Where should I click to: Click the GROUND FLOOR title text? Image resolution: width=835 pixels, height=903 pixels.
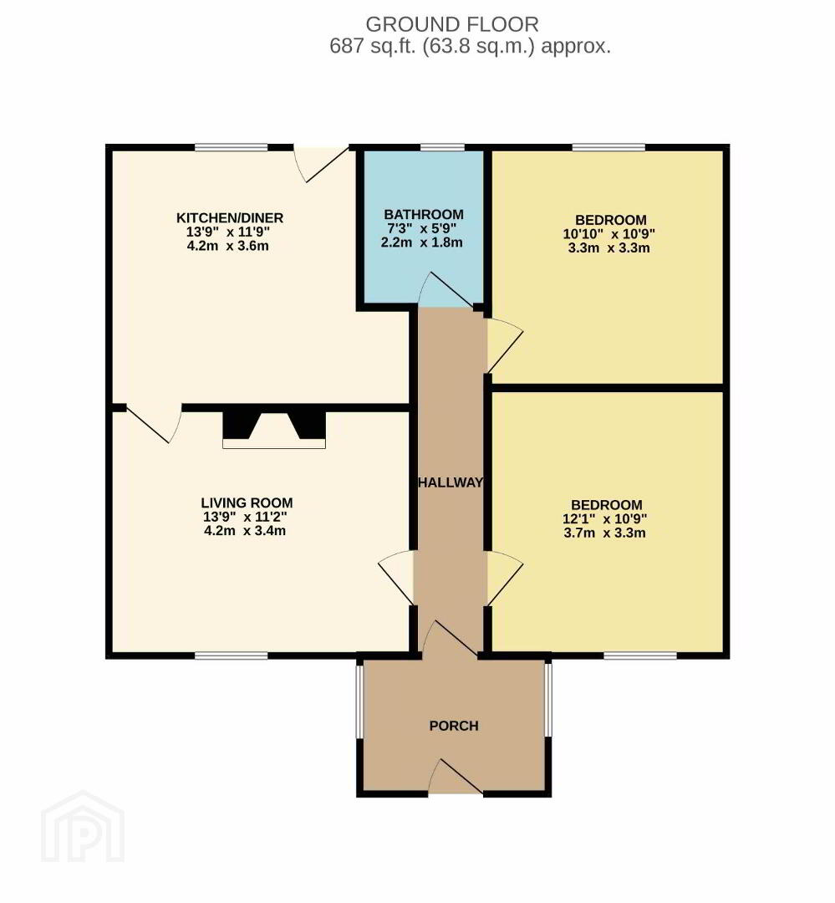[x=452, y=24]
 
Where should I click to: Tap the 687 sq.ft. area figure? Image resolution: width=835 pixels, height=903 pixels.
[x=373, y=45]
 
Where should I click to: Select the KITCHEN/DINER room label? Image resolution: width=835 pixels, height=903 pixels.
[x=229, y=218]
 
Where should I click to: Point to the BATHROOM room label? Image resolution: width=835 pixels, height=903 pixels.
[x=423, y=214]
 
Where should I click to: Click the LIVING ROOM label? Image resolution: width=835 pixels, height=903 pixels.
[x=247, y=503]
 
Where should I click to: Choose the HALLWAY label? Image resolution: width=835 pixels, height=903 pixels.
[x=451, y=482]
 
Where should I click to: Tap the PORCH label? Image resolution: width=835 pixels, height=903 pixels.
[x=454, y=726]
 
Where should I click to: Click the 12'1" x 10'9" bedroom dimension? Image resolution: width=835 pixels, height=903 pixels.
[x=604, y=519]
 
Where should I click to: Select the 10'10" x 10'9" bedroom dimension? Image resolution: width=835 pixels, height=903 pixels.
[x=609, y=234]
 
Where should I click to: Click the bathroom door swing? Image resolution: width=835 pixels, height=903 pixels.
[x=449, y=289]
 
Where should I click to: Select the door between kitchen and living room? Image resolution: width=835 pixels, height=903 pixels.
[x=154, y=425]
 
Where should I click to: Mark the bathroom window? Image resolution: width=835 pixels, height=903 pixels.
[x=442, y=147]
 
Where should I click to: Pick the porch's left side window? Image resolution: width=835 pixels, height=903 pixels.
[x=359, y=701]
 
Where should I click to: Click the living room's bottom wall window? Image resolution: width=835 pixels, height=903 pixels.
[x=232, y=655]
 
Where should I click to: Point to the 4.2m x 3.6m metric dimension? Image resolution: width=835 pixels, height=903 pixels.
[x=227, y=246]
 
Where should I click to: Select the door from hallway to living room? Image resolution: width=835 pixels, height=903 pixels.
[x=396, y=578]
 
